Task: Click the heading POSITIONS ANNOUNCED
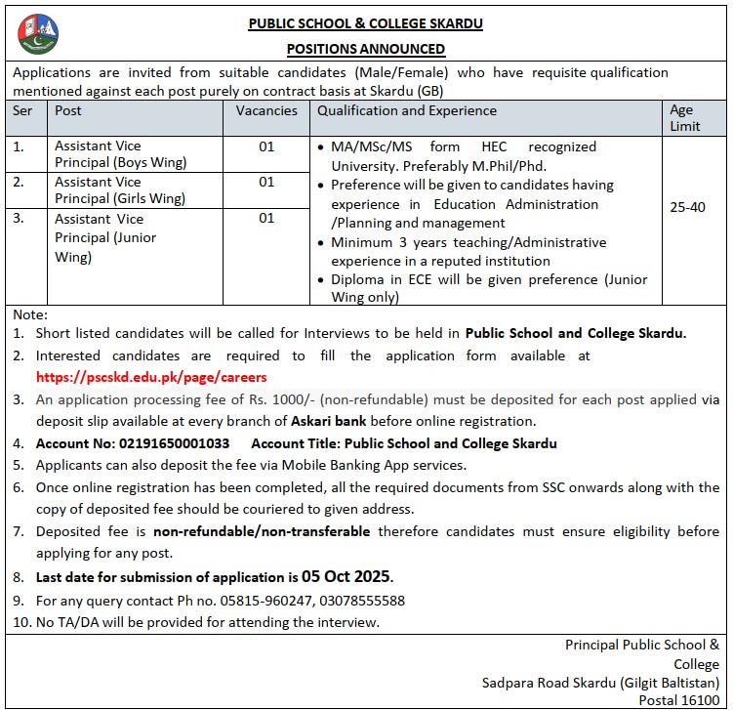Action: (366, 49)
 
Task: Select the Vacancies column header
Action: (266, 111)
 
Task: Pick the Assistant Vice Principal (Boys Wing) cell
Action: (121, 154)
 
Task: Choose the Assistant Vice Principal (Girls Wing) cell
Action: (121, 189)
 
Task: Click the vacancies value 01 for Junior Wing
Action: (266, 219)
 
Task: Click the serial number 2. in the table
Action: (19, 182)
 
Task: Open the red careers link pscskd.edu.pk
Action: (151, 377)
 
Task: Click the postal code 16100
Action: (699, 700)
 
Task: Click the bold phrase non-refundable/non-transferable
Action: (262, 532)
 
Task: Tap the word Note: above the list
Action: (29, 315)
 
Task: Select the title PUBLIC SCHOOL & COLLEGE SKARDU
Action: (366, 23)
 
